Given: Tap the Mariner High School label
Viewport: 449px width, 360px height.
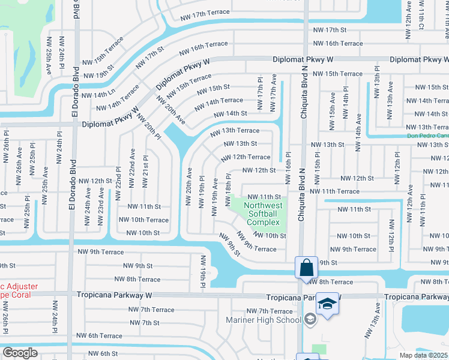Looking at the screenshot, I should click(x=262, y=320).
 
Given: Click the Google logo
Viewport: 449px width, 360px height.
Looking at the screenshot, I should click(x=20, y=352).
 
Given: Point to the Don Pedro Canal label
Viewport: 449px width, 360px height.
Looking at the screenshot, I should click(x=427, y=136).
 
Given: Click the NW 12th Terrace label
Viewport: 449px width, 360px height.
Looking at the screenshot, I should click(x=246, y=157).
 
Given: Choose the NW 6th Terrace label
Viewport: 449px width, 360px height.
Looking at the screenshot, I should click(x=99, y=336).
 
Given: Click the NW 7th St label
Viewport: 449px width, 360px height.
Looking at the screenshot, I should click(x=144, y=323).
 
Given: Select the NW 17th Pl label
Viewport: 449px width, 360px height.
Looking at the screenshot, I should click(x=261, y=93).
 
